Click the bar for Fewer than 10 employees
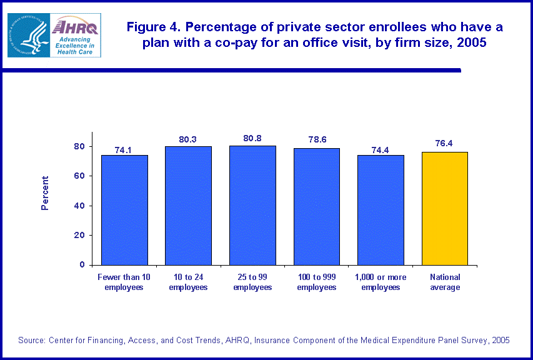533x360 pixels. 124,209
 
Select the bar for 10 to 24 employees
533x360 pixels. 188,205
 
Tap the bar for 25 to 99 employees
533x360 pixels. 252,205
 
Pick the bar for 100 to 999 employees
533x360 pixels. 317,206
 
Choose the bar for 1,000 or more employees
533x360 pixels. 381,209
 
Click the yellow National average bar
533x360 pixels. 445,208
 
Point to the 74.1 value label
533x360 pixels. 124,150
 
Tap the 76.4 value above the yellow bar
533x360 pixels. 445,143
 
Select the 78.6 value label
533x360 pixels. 317,139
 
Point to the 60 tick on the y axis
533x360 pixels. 78,176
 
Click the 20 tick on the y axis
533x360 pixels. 78,236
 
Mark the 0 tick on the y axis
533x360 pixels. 81,265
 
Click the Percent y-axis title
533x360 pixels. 45,192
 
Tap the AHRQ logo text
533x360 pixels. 75,26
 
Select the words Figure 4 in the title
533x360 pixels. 151,27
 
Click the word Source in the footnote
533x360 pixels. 31,340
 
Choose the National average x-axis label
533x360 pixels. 445,282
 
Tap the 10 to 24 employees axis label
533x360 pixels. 188,282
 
